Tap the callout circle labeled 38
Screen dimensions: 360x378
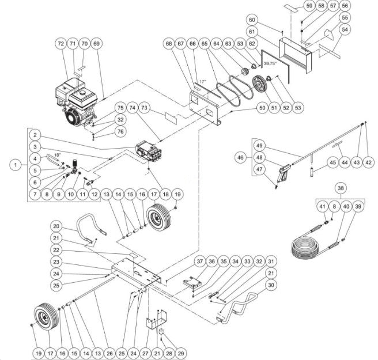[341, 188]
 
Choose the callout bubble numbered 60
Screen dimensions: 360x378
[283, 20]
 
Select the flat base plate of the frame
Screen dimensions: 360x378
[135, 271]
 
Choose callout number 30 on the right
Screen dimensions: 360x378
[271, 284]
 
